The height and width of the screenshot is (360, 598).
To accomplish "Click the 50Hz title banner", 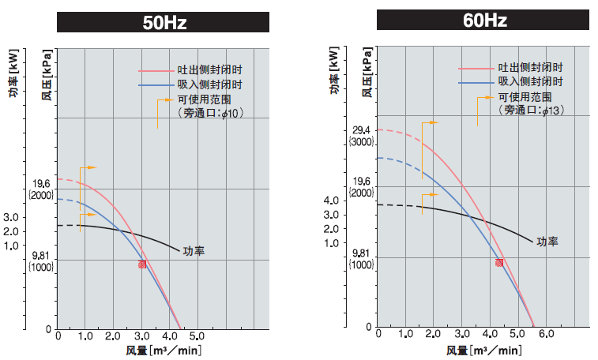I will click(164, 22).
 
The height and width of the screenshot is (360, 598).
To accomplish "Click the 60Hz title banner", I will click(483, 19).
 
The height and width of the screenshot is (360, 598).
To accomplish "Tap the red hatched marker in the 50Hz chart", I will click(142, 264).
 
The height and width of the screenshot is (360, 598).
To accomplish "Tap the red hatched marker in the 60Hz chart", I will click(499, 262).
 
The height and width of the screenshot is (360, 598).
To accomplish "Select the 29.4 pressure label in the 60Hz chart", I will click(361, 130).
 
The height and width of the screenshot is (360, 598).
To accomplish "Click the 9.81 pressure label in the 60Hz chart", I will click(361, 253).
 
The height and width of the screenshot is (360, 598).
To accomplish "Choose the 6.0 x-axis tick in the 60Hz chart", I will click(546, 335).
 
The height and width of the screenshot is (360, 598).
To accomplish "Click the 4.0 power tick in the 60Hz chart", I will click(331, 201).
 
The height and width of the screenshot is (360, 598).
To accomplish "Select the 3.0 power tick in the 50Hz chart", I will click(11, 217).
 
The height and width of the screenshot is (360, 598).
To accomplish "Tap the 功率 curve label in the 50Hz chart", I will click(194, 251).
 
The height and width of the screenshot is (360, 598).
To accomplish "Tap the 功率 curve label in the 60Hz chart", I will click(547, 242).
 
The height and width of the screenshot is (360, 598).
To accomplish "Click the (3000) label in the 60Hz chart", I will click(362, 142).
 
